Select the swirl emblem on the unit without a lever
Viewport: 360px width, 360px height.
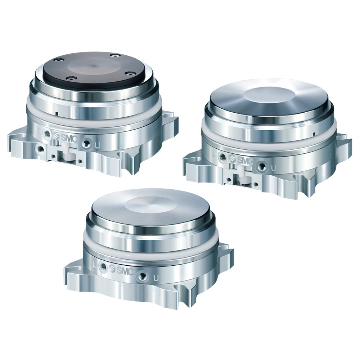tap(112, 268)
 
